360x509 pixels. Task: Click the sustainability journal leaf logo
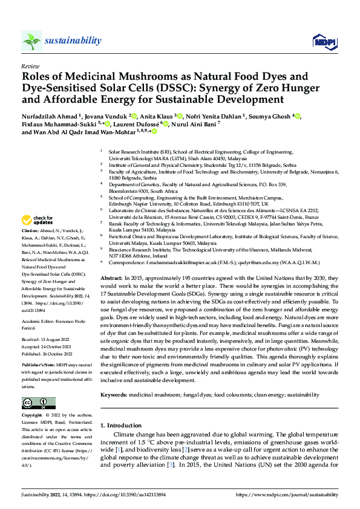31,41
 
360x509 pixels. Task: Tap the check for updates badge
38,220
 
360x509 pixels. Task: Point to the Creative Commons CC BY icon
34,403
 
